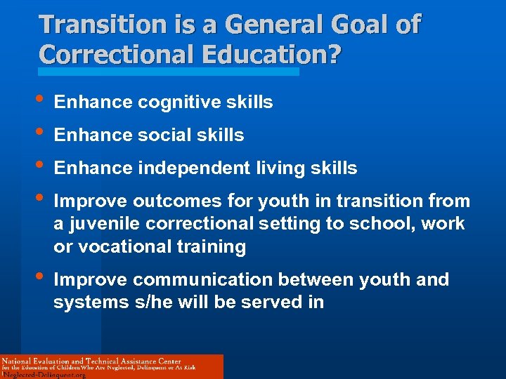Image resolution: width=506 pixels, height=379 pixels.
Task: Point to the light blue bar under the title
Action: (x=169, y=71)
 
